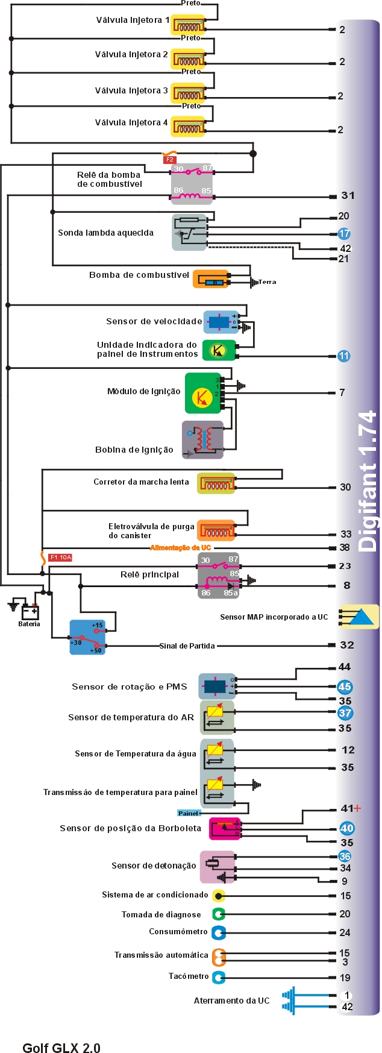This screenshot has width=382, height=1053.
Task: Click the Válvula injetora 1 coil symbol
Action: click(188, 25)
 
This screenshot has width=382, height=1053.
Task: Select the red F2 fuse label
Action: click(169, 160)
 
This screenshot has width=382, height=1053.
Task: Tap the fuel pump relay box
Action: click(192, 183)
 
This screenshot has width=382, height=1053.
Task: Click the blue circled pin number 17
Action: click(343, 233)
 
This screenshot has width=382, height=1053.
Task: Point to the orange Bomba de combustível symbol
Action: click(211, 279)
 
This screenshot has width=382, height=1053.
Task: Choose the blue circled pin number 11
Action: click(343, 356)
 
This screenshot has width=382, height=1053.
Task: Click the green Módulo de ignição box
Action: click(203, 393)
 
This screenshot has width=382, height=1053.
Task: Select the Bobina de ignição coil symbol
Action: click(202, 439)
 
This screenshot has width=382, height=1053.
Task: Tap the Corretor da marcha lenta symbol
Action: click(216, 483)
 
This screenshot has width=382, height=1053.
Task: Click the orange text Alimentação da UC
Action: click(180, 547)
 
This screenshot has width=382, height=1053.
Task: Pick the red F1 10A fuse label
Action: click(60, 558)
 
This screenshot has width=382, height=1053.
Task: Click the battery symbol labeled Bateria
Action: click(30, 612)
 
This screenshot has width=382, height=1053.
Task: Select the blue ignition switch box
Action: click(87, 637)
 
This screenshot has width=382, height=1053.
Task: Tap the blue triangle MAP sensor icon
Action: click(360, 617)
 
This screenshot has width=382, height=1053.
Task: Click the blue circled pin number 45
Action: click(344, 687)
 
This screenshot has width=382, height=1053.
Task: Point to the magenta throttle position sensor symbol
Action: click(225, 828)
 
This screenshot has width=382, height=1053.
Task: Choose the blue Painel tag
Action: click(188, 813)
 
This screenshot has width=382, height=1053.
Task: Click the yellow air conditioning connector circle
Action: click(219, 896)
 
